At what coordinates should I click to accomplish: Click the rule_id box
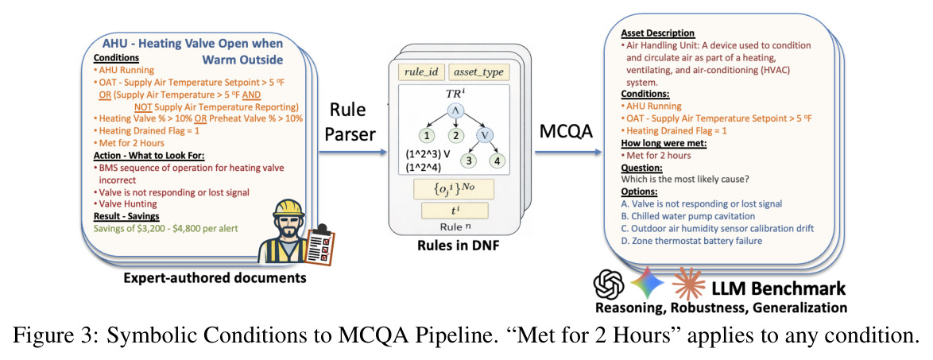[420, 72]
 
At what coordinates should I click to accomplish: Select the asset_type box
[478, 72]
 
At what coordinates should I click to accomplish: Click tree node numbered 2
[455, 135]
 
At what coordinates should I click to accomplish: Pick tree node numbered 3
[468, 160]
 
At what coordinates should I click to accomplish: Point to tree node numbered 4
[498, 160]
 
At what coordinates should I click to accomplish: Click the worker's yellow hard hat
[288, 208]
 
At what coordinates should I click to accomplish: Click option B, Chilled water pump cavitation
[689, 215]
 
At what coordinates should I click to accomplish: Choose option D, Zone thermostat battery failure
[692, 240]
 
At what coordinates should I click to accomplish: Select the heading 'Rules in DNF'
[455, 246]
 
